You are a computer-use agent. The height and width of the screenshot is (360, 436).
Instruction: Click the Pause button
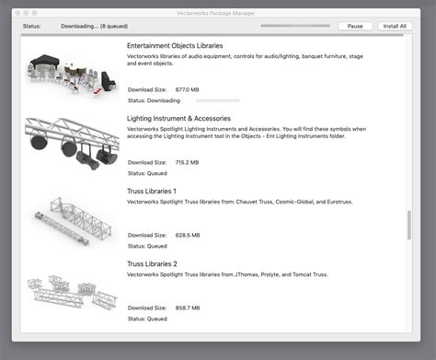point(354,26)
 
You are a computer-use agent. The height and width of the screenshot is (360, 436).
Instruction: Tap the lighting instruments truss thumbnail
point(73,143)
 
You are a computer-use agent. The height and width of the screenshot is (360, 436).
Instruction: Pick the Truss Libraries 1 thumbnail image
point(73,218)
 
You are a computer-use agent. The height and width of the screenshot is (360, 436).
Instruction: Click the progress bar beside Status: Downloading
point(211,100)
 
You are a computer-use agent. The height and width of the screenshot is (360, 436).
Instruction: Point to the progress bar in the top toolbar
point(294,26)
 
